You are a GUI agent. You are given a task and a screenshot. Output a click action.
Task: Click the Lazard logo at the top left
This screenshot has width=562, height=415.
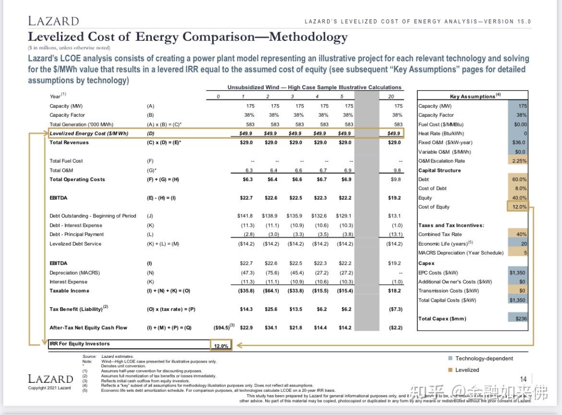(x=53, y=21)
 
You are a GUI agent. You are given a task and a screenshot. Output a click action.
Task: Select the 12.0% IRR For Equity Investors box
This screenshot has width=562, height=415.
(x=221, y=345)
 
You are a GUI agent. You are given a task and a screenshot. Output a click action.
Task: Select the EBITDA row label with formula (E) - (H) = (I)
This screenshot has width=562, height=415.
(x=59, y=198)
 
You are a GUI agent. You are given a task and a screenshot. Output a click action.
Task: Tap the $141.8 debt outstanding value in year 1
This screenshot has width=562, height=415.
(x=245, y=216)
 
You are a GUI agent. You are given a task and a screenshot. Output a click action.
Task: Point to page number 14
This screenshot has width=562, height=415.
(x=523, y=379)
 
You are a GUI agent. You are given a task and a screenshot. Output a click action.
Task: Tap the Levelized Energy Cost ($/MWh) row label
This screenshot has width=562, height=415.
(x=89, y=134)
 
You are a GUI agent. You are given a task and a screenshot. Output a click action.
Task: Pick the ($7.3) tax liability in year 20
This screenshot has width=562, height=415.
(x=394, y=309)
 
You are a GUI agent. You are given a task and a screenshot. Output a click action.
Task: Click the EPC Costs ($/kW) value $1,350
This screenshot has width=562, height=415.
(x=518, y=272)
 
